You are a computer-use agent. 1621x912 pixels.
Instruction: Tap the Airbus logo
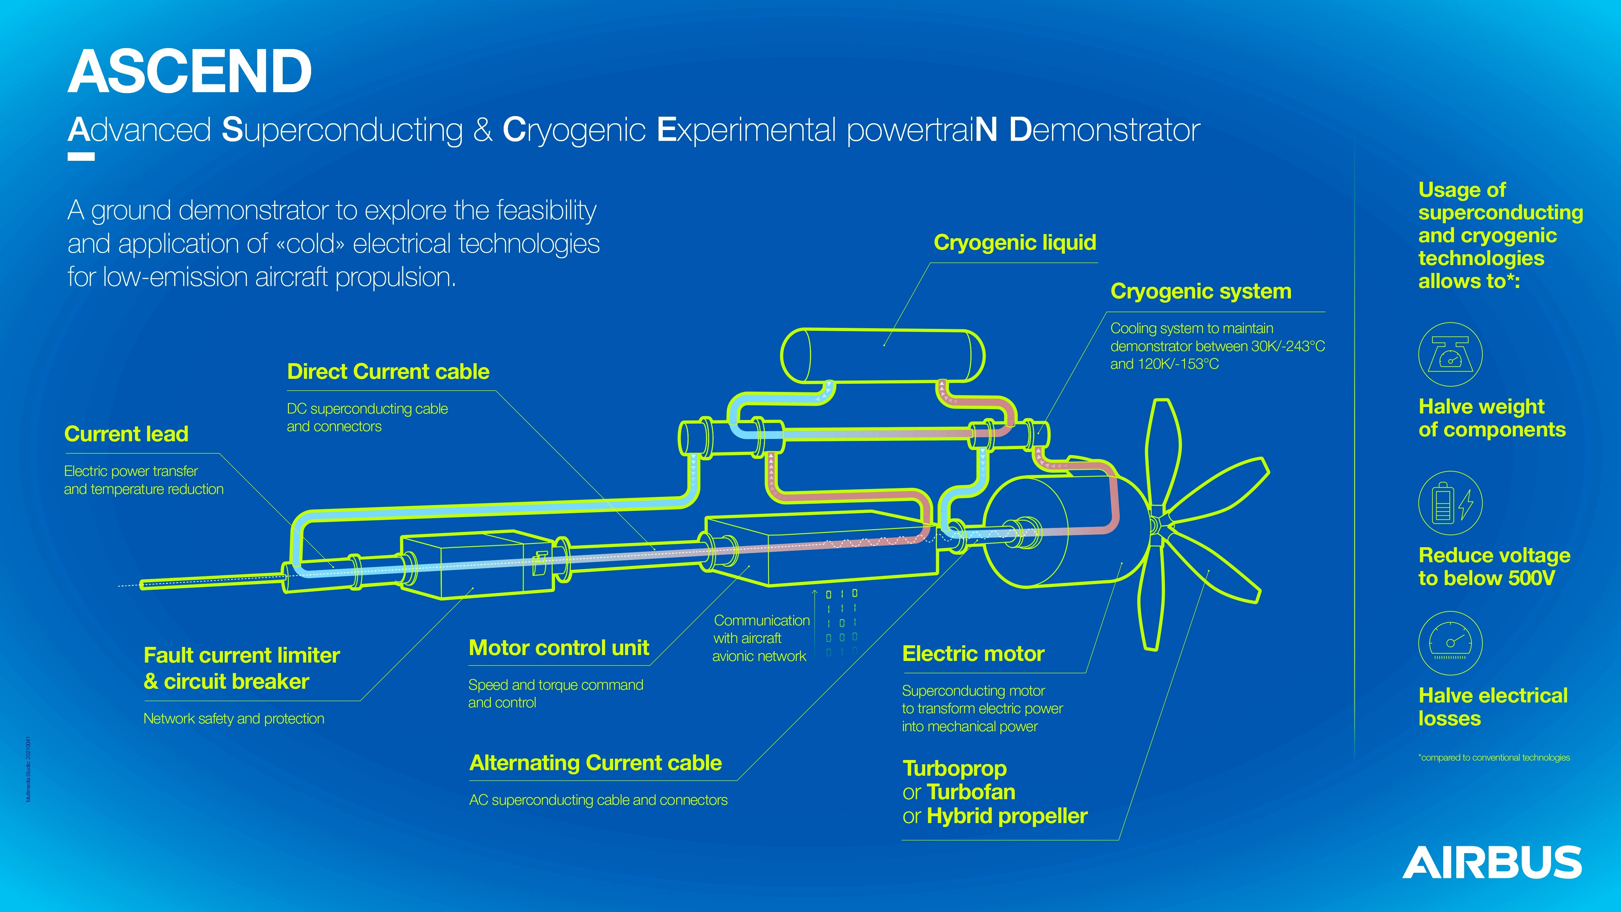tap(1492, 862)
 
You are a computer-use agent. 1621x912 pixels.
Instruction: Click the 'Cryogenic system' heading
tap(1201, 291)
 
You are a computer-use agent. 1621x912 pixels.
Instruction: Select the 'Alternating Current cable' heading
tap(595, 763)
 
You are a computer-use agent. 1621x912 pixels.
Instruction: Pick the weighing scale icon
tap(1450, 354)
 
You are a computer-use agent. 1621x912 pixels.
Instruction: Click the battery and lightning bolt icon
tap(1450, 503)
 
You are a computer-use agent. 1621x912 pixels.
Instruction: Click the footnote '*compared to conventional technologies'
tap(1494, 757)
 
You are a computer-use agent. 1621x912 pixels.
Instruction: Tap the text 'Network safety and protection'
tap(233, 719)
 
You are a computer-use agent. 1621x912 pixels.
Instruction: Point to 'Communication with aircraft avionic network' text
tap(761, 638)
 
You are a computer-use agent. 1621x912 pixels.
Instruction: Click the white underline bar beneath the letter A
tap(81, 157)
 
